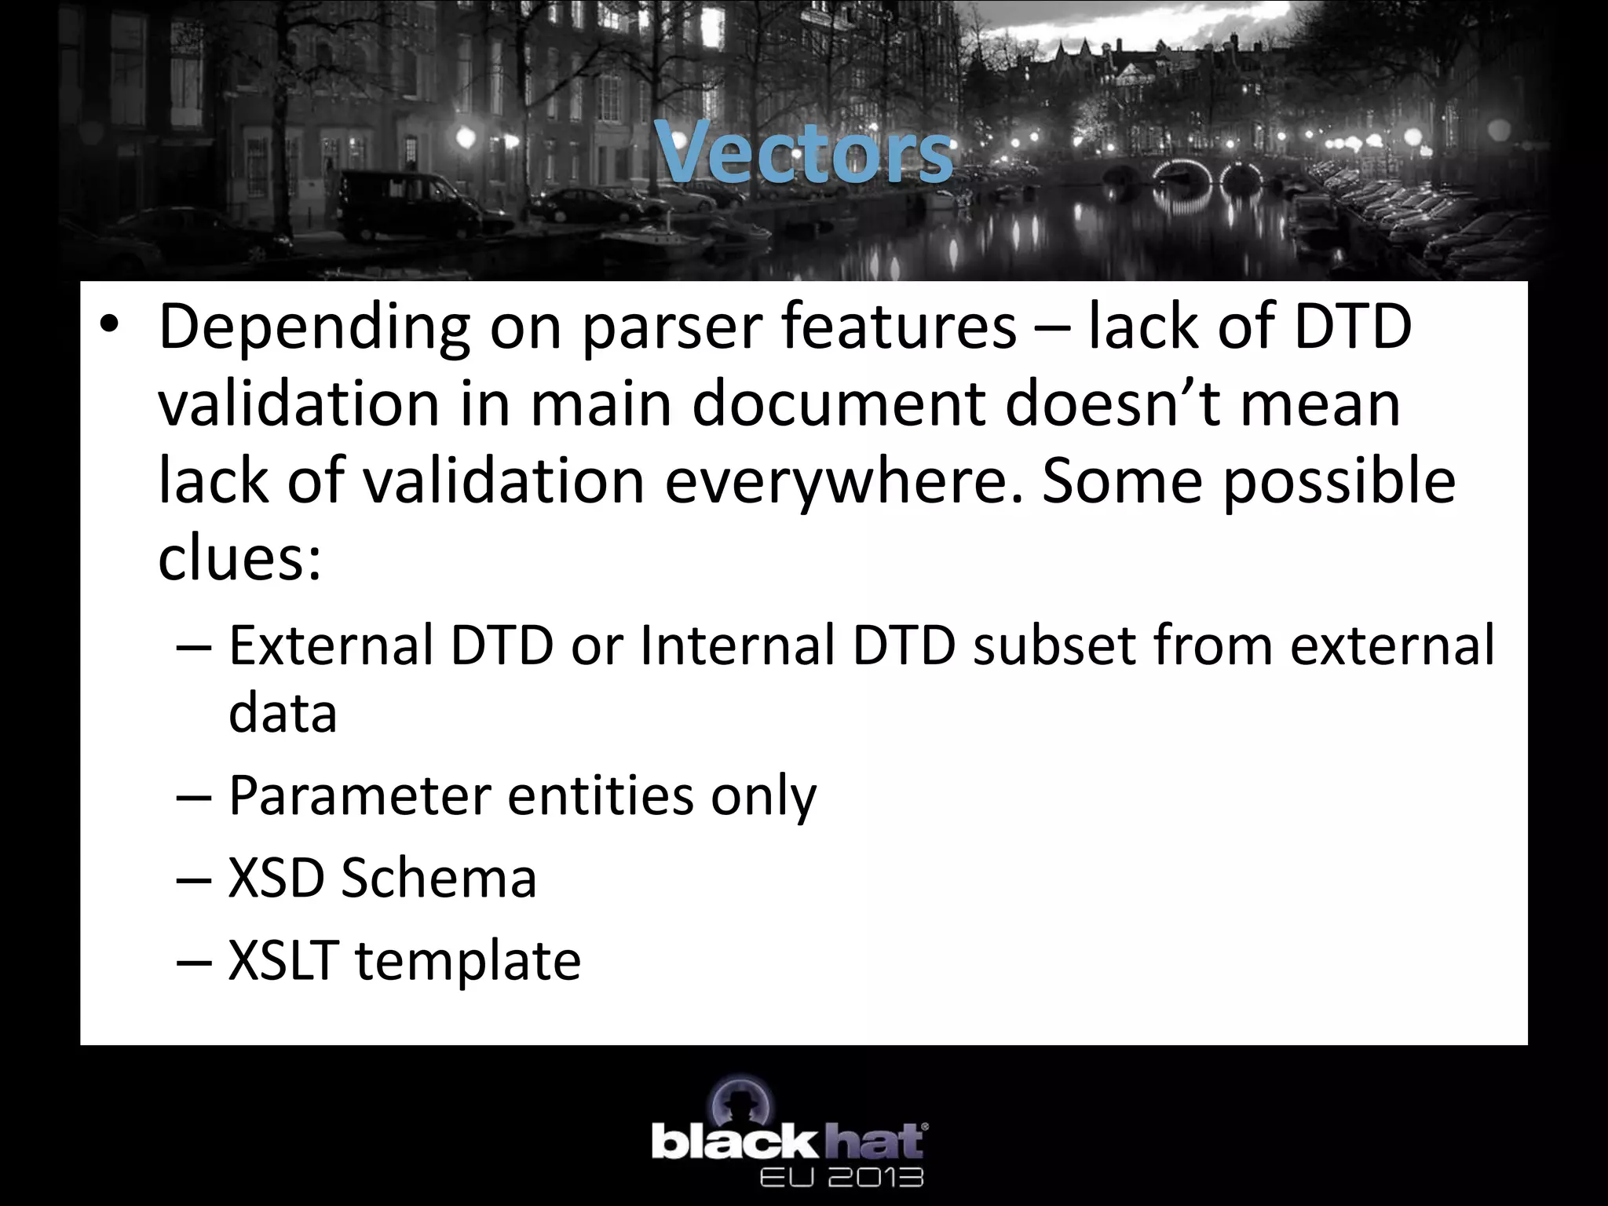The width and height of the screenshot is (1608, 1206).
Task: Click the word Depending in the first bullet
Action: [314, 328]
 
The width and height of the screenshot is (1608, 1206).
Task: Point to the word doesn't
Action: [1112, 404]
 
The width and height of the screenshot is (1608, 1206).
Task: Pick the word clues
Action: [239, 558]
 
